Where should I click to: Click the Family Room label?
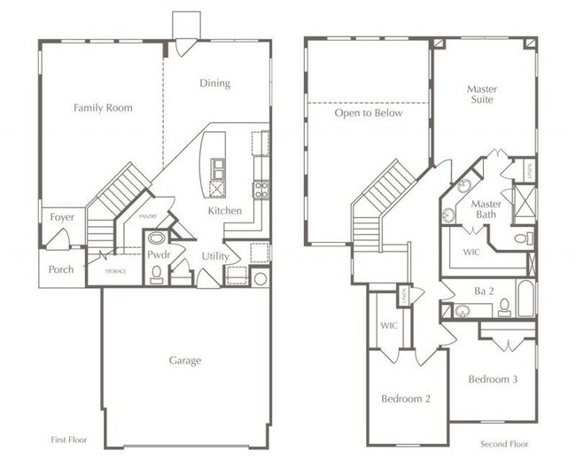103,108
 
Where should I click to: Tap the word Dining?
214,83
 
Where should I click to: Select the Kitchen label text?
224,211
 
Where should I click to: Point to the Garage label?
185,361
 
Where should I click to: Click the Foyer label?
62,217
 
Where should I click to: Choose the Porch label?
61,269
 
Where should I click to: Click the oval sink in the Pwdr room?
157,238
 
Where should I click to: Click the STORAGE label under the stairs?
115,271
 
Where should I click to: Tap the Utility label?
215,256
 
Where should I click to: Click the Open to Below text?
368,113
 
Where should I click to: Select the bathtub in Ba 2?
525,300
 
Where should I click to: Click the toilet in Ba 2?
504,307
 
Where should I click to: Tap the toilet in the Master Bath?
524,238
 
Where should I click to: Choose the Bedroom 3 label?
493,379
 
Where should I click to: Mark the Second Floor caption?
505,443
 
